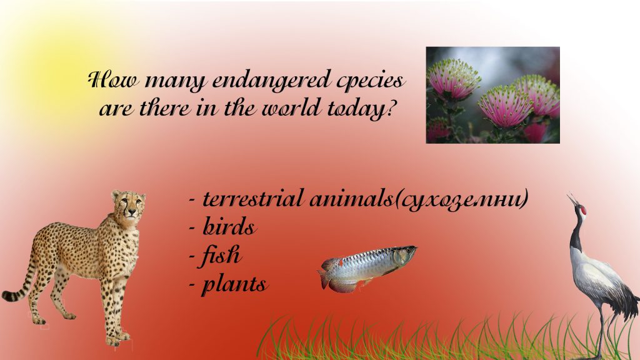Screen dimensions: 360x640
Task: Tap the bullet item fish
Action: pos(222,256)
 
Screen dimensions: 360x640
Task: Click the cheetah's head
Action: pos(129,206)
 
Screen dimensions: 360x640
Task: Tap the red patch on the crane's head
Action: pos(584,211)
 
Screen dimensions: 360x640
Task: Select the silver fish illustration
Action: pos(369,265)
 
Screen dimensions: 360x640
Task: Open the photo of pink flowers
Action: pos(492,95)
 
